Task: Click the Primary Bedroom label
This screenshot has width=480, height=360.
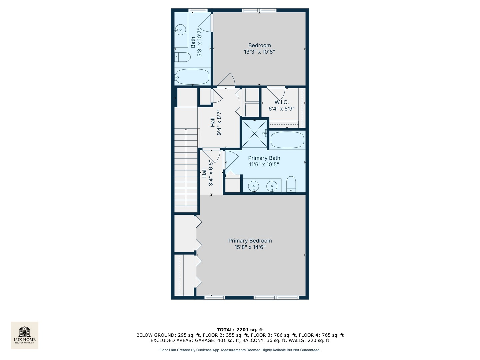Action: coord(250,241)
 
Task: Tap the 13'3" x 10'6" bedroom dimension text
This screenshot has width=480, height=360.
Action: coord(259,52)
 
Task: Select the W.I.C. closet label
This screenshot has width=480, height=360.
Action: coord(282,102)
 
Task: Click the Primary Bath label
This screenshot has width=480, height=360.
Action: coord(264,158)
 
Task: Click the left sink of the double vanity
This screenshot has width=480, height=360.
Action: coord(254,186)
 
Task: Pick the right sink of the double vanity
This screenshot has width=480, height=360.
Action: coord(272,186)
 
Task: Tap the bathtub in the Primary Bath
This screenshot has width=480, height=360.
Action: coord(287,140)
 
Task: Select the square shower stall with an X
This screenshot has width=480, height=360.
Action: coord(255,133)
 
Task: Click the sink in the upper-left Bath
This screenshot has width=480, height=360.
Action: coord(180,30)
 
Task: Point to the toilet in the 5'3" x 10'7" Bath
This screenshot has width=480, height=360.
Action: coord(182,57)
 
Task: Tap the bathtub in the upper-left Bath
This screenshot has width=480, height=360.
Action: coord(192,77)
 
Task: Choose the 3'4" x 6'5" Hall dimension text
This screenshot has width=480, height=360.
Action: coord(211,173)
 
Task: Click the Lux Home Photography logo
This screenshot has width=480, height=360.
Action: coord(25,335)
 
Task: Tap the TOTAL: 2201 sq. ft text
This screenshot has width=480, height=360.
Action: coord(240,330)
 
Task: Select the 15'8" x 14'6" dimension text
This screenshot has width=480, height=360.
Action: coord(250,247)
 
